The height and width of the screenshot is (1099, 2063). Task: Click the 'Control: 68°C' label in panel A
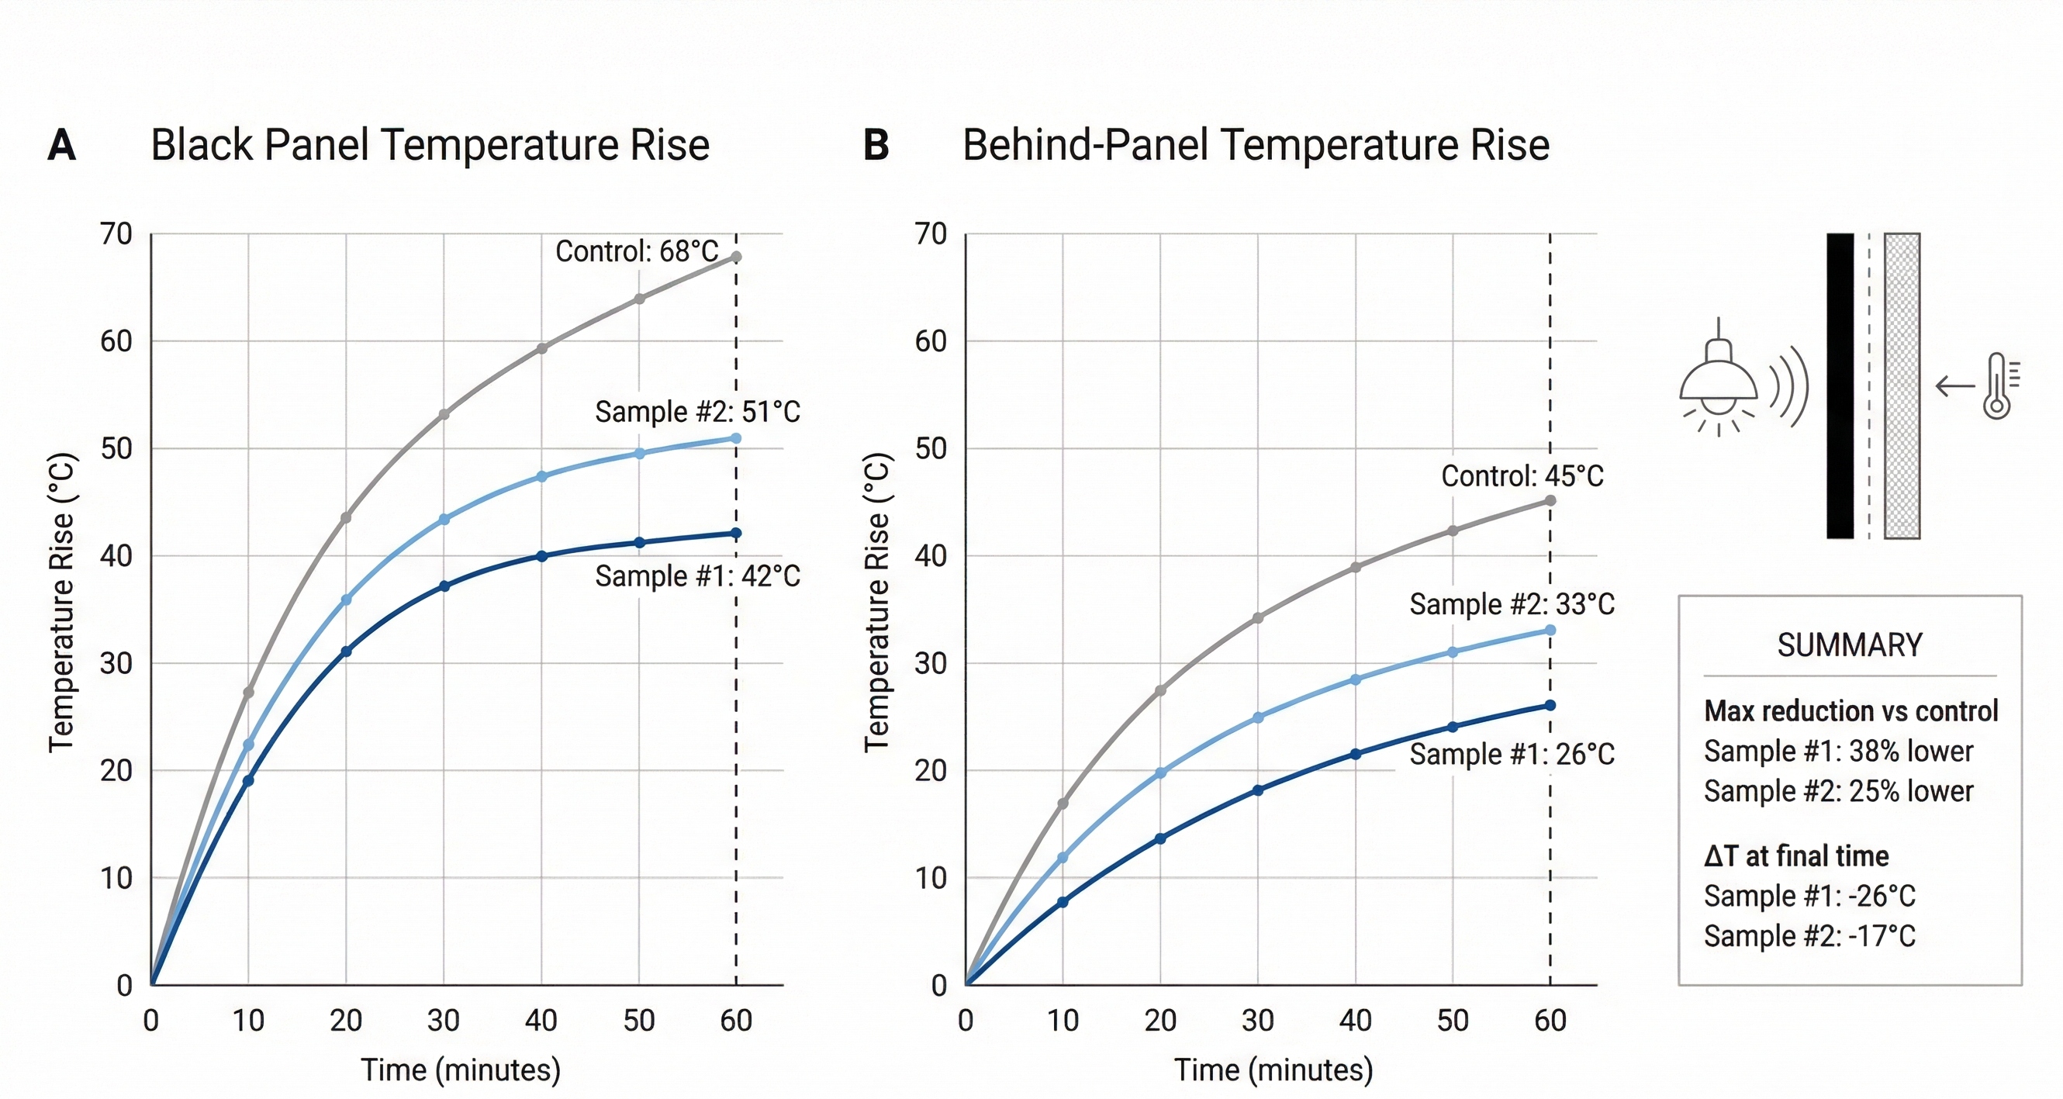(x=637, y=251)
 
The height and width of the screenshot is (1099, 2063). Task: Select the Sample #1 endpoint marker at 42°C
(x=736, y=534)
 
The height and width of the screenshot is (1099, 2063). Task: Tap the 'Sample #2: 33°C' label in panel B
(x=1512, y=604)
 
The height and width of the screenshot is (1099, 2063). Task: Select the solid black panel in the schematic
(x=1840, y=385)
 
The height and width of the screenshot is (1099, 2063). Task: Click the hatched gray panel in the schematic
(x=1901, y=385)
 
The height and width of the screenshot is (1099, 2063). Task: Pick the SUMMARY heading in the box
(x=1849, y=645)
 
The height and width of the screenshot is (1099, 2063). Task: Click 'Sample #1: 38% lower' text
(x=1838, y=752)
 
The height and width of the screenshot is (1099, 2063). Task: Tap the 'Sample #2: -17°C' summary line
(x=1809, y=935)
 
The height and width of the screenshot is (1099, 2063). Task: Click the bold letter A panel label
(x=62, y=146)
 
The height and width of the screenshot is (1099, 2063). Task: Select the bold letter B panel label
(x=876, y=146)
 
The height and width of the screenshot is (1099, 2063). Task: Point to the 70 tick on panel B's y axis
(x=931, y=234)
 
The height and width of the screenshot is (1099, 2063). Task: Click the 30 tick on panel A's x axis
(x=443, y=1021)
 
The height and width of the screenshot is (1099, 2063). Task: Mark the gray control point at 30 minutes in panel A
(x=444, y=414)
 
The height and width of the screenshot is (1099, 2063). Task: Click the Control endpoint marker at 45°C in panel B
(x=1550, y=500)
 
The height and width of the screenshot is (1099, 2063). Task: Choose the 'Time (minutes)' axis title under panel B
(x=1273, y=1070)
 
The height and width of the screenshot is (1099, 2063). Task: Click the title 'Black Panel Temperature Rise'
(x=430, y=146)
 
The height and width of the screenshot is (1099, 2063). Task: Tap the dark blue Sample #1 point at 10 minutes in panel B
(x=1063, y=902)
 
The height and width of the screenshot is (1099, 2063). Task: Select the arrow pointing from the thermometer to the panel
(x=1955, y=386)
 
